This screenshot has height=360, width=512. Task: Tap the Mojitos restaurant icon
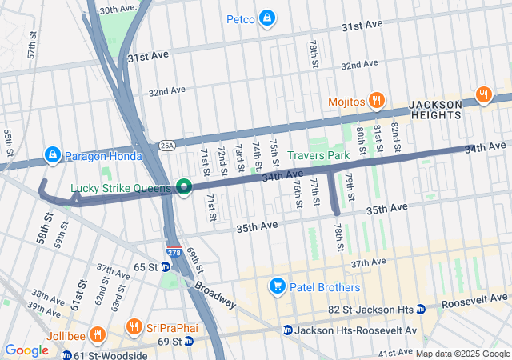[x=377, y=101]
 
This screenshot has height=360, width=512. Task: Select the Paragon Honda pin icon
[x=53, y=154]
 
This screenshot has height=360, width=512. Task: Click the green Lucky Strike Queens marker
[x=184, y=188]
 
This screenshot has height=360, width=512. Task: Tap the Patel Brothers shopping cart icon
[x=278, y=286]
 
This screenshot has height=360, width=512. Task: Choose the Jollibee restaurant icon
[x=97, y=335]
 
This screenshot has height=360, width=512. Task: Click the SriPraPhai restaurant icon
[x=134, y=328]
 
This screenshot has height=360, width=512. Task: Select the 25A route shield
[x=166, y=146]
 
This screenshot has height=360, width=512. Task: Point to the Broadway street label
[x=214, y=294]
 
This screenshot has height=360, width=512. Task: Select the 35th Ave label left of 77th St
[x=257, y=226]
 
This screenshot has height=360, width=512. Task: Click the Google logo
[x=27, y=350]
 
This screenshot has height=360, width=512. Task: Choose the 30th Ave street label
[x=118, y=10]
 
